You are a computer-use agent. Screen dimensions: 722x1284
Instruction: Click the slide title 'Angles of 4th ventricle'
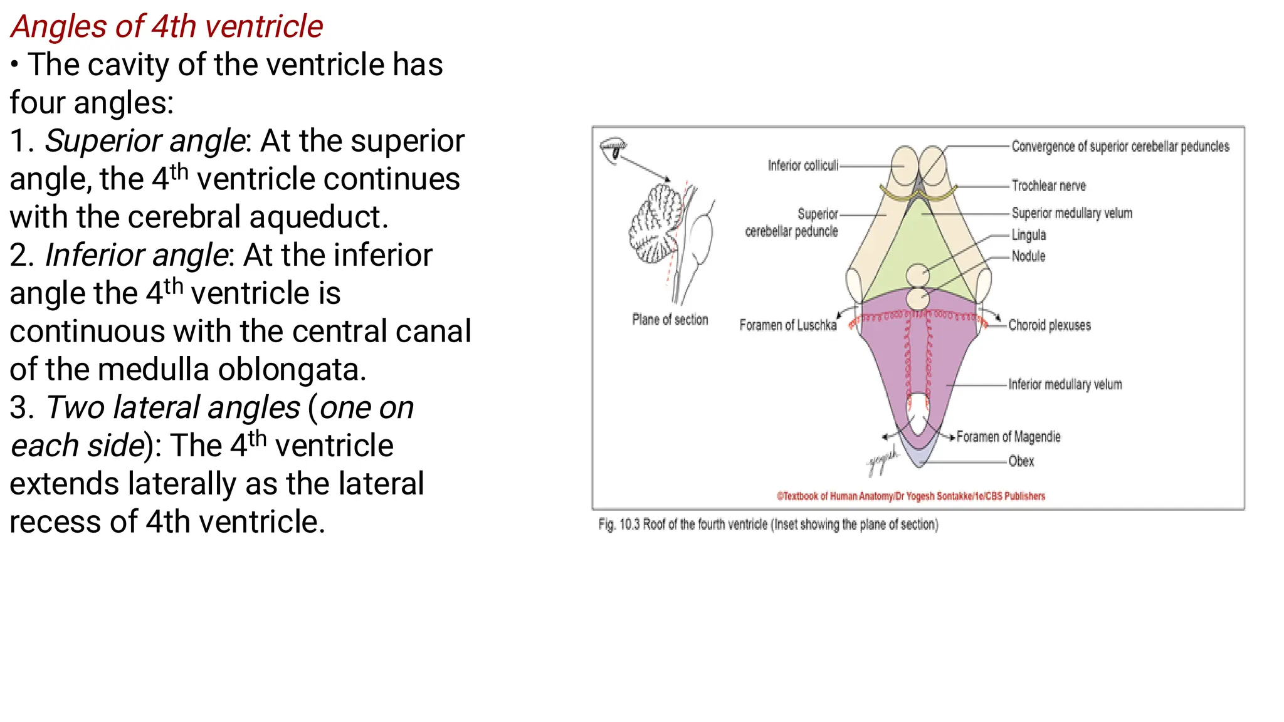pos(167,26)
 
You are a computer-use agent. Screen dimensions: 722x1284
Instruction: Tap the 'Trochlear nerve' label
pos(1048,186)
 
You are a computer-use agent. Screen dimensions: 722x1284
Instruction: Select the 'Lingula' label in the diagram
pos(1029,235)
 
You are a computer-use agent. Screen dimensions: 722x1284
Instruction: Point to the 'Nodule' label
pos(1028,256)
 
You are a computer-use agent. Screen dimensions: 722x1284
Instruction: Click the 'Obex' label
pos(1021,461)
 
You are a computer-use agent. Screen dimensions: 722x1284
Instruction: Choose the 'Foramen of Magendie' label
pos(1008,437)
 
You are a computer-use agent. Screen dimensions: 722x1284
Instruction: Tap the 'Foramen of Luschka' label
pos(787,325)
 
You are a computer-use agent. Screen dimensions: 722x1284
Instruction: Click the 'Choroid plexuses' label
pos(1050,325)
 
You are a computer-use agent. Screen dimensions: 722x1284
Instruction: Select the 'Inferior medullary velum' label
pos(1065,384)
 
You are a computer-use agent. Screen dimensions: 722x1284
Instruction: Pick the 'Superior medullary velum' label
pos(1072,213)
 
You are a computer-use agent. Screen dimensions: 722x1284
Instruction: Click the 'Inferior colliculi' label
pos(802,165)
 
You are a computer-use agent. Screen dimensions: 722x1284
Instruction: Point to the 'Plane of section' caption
pos(670,320)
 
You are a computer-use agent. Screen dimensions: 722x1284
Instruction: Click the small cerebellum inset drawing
pos(658,222)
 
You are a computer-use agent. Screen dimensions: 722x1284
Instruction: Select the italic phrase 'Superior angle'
pos(144,141)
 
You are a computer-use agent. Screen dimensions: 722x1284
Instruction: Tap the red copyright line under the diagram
pos(911,496)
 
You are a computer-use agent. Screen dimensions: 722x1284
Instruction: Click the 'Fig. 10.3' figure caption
pos(768,525)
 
